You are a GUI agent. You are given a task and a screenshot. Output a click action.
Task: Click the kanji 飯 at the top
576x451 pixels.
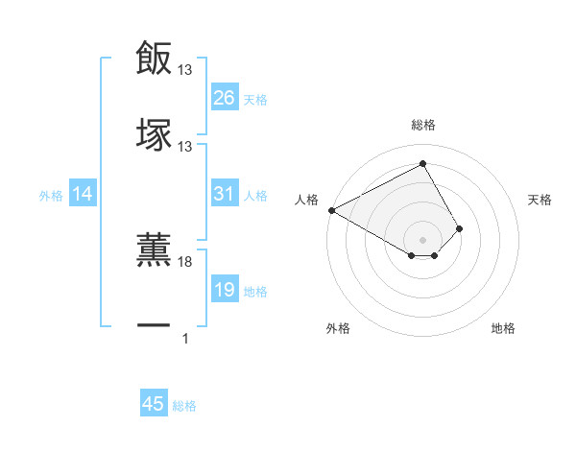pyautogui.click(x=154, y=59)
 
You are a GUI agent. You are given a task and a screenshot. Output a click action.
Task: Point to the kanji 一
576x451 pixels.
pyautogui.click(x=154, y=325)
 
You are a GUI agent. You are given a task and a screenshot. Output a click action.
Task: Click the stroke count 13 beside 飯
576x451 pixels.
pyautogui.click(x=185, y=70)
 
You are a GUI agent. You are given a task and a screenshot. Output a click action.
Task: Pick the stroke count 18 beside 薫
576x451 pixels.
pyautogui.click(x=185, y=261)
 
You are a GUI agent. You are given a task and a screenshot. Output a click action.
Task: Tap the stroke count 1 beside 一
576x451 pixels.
pyautogui.click(x=185, y=337)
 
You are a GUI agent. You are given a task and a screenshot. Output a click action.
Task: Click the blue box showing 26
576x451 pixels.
pyautogui.click(x=224, y=98)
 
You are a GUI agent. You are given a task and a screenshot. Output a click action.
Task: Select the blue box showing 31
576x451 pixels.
pyautogui.click(x=224, y=194)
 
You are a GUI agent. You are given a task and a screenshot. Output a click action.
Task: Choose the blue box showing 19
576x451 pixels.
pyautogui.click(x=224, y=290)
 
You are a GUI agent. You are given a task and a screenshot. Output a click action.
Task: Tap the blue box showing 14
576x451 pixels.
pyautogui.click(x=83, y=195)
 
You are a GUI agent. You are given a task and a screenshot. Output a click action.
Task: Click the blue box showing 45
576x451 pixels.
pyautogui.click(x=154, y=404)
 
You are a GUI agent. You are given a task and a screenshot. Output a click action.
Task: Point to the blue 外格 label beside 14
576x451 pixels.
pyautogui.click(x=51, y=196)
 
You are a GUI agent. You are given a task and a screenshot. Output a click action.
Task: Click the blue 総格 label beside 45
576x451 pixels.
pyautogui.click(x=184, y=406)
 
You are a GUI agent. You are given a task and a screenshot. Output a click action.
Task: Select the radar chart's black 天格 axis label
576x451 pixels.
pyautogui.click(x=540, y=200)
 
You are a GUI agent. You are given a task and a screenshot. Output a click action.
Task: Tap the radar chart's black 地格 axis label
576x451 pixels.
pyautogui.click(x=503, y=328)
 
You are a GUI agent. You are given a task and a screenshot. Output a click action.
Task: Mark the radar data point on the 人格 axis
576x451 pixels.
pyautogui.click(x=331, y=210)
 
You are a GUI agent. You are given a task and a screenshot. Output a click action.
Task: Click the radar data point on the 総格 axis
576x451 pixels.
pyautogui.click(x=422, y=163)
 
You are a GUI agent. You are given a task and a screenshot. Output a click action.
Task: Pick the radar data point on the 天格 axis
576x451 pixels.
pyautogui.click(x=460, y=228)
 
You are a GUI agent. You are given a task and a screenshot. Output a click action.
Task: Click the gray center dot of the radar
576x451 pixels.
pyautogui.click(x=422, y=239)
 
